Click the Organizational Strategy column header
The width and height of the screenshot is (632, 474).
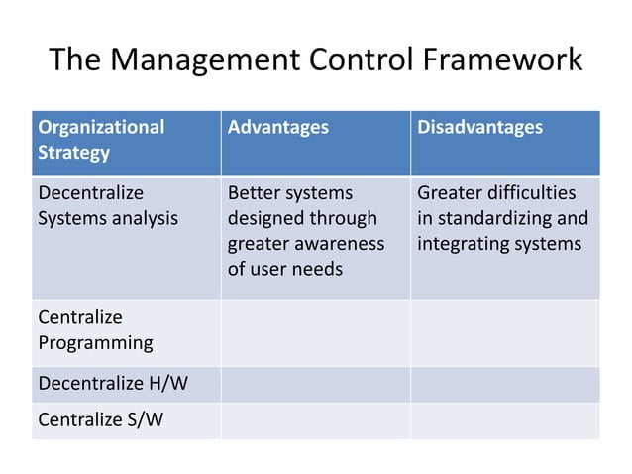click(x=101, y=140)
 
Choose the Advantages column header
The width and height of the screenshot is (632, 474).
click(x=278, y=127)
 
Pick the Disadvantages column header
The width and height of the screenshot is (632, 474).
click(x=479, y=127)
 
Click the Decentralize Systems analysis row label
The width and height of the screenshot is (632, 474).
click(x=107, y=205)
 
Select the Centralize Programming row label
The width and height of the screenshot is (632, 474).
click(x=95, y=330)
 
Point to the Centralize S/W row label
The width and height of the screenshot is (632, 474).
click(x=100, y=419)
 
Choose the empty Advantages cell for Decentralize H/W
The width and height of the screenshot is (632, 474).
click(x=315, y=384)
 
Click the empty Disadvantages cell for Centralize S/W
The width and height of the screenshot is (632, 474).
click(x=505, y=420)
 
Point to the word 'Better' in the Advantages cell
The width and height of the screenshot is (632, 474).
click(x=253, y=192)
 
